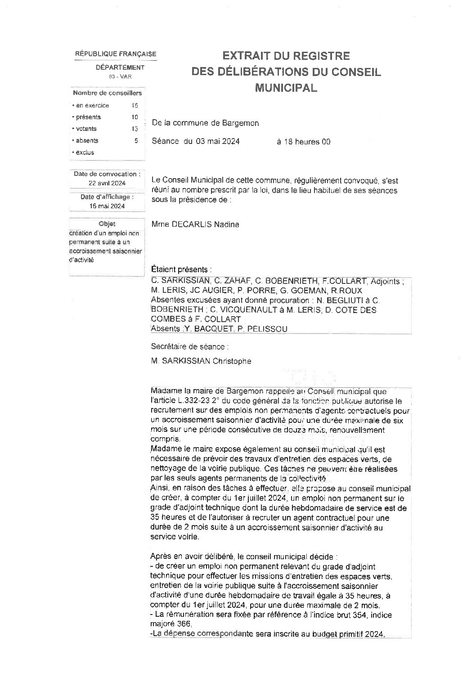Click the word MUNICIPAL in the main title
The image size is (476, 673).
[286, 87]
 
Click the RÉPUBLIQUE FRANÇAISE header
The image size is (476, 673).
[116, 54]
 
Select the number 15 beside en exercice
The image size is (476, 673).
[135, 105]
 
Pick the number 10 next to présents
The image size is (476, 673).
[135, 117]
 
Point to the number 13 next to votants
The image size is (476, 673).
[135, 129]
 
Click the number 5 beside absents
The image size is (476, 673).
[136, 140]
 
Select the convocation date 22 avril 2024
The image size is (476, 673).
[107, 183]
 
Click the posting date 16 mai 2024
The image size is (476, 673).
[107, 206]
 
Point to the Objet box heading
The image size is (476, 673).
[107, 224]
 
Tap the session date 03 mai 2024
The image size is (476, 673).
[217, 142]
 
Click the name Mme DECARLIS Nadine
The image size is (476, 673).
[195, 224]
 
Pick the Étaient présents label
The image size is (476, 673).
[182, 269]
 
